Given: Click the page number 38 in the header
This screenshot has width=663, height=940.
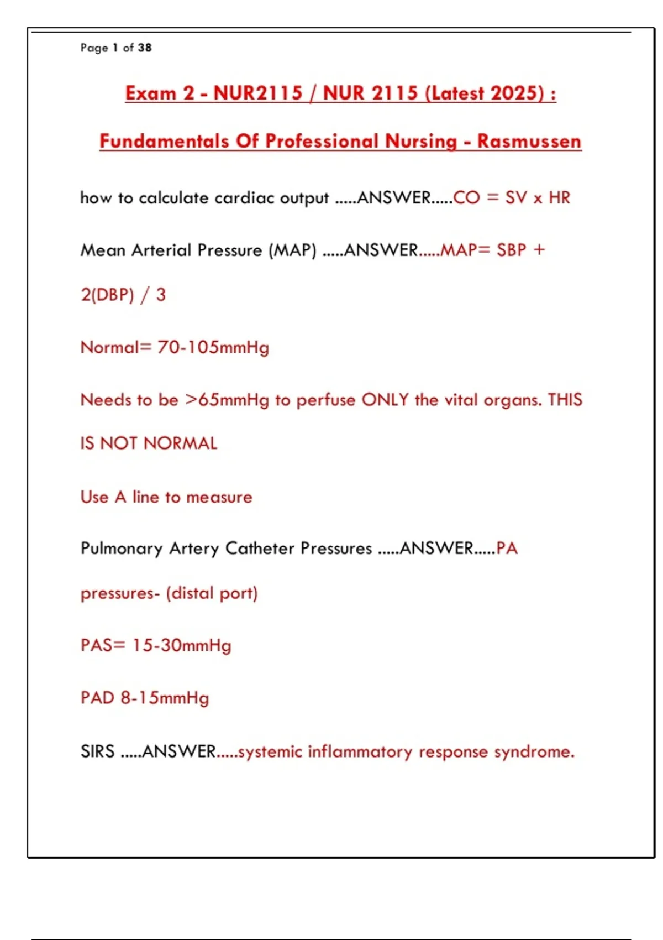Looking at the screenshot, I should [145, 48].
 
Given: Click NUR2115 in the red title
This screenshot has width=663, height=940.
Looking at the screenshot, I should [258, 93].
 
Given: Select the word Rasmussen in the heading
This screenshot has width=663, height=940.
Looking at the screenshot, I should [529, 141].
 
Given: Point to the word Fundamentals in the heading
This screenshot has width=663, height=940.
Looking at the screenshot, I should [164, 141].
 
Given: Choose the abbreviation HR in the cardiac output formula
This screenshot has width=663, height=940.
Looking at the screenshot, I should [559, 198].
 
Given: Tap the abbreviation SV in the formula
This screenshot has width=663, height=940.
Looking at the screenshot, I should [516, 198].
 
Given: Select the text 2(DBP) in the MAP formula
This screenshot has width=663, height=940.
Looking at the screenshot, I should [107, 295].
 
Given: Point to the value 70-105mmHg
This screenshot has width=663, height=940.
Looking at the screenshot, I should [213, 347].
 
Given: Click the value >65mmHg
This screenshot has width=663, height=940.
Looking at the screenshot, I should [227, 400].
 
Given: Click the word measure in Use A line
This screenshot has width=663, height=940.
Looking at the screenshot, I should [219, 497].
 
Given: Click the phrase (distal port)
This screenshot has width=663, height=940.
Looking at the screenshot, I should [212, 593].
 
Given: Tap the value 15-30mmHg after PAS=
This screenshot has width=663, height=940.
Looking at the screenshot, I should [182, 645].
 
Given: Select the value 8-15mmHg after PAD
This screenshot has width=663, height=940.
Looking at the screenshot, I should [165, 698].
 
